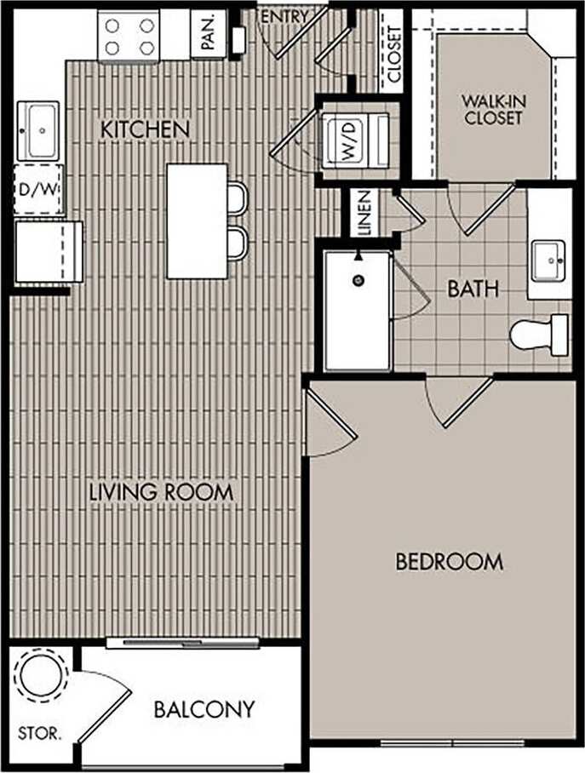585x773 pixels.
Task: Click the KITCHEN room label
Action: tap(145, 130)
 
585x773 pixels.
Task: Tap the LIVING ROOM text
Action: tap(161, 492)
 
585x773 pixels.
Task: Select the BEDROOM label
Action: tap(450, 562)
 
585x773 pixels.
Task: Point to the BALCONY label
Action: tap(204, 709)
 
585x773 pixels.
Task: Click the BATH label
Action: tap(473, 289)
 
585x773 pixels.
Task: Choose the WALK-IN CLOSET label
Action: tap(493, 110)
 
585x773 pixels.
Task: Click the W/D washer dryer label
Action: tap(349, 140)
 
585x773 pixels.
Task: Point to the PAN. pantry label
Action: tap(209, 34)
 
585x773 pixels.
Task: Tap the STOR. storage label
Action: tap(39, 733)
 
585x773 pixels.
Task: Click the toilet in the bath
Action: tap(538, 334)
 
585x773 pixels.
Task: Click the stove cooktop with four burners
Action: tap(129, 36)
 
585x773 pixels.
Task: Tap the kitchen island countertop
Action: tap(197, 220)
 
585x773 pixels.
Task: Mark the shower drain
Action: tap(358, 278)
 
